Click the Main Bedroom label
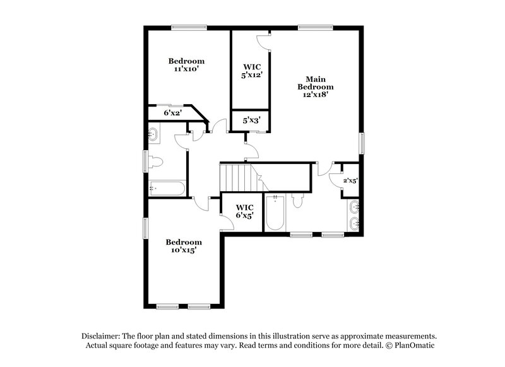tap(316, 82)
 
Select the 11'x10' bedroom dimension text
tap(186, 69)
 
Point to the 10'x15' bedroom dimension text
tap(184, 250)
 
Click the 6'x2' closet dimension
tap(173, 114)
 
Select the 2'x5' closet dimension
tap(350, 181)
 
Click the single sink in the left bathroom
tap(155, 134)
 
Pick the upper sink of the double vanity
tap(355, 206)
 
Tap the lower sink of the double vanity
tap(355, 222)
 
